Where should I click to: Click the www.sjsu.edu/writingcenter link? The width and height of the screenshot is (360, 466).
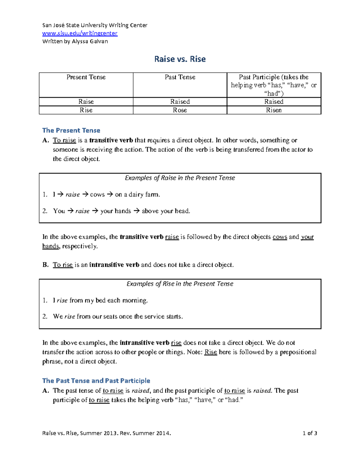pos(80,33)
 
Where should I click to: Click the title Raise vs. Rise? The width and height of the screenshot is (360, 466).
pos(180,59)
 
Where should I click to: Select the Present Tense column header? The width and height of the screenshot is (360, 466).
pos(86,77)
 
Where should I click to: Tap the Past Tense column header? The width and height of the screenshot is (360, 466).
pos(180,77)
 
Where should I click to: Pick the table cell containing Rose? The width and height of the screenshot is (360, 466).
pos(180,110)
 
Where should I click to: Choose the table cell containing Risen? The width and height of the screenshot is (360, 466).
pos(274,110)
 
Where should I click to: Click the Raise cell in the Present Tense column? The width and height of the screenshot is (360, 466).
pos(86,102)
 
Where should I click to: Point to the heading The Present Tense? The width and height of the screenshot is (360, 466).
pos(71,130)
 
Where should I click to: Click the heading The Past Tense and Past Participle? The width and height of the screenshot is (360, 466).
pos(96,380)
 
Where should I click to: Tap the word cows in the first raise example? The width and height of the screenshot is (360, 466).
pos(97,194)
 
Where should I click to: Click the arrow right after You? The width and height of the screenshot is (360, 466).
pos(70,211)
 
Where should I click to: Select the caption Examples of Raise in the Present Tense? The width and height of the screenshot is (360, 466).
pos(180,178)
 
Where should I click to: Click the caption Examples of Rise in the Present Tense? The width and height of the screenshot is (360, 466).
pos(180,284)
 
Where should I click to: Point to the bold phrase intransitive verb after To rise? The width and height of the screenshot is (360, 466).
pos(114,265)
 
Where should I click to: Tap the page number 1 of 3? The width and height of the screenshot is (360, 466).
pos(310,433)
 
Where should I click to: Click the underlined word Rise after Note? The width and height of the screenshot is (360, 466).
pos(211,352)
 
